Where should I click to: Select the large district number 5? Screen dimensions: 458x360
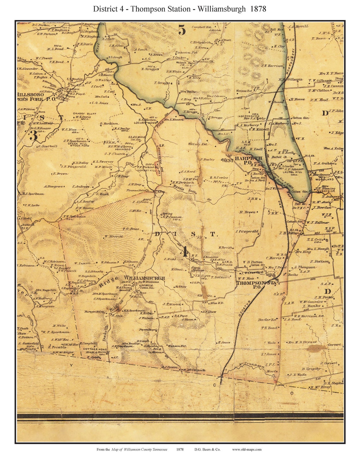[182, 30]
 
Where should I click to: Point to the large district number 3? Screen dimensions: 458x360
[33, 135]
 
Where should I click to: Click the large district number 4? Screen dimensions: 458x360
[185, 252]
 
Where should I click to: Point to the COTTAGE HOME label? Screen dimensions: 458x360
[92, 349]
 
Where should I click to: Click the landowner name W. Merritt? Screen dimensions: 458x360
[114, 236]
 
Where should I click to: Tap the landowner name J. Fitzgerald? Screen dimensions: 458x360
[247, 231]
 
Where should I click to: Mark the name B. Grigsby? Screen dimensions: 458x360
[311, 369]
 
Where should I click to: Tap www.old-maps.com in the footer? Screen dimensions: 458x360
[247, 449]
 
